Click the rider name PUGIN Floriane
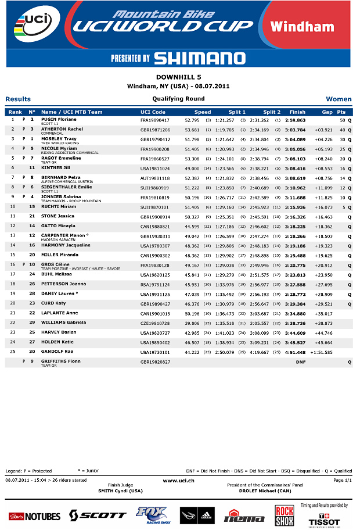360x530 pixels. (59, 119)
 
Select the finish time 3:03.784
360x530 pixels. (297, 130)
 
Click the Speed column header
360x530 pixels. (203, 112)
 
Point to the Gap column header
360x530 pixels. (327, 112)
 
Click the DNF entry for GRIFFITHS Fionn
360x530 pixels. (301, 362)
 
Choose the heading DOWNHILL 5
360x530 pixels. (179, 77)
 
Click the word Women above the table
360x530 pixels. (339, 99)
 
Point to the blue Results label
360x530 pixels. (18, 99)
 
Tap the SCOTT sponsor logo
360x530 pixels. (98, 515)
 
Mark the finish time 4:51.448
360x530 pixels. (297, 352)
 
